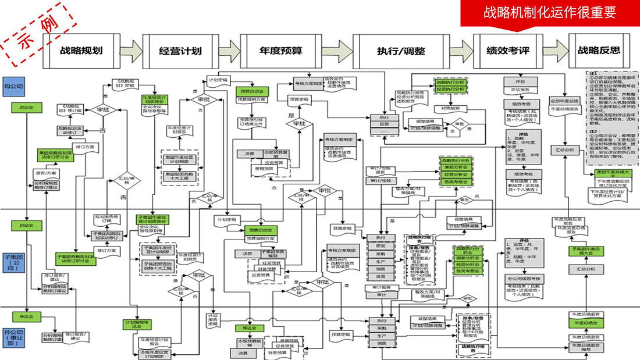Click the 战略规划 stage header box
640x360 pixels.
coord(81,50)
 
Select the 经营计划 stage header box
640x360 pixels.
coord(180,50)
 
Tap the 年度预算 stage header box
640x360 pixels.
coord(280,50)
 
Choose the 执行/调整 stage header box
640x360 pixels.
coord(397,50)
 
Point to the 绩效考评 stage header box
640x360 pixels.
coord(507,50)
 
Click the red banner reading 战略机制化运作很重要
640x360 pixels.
coord(550,13)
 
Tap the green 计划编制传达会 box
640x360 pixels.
coord(138,324)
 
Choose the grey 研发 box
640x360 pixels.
coord(381,246)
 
